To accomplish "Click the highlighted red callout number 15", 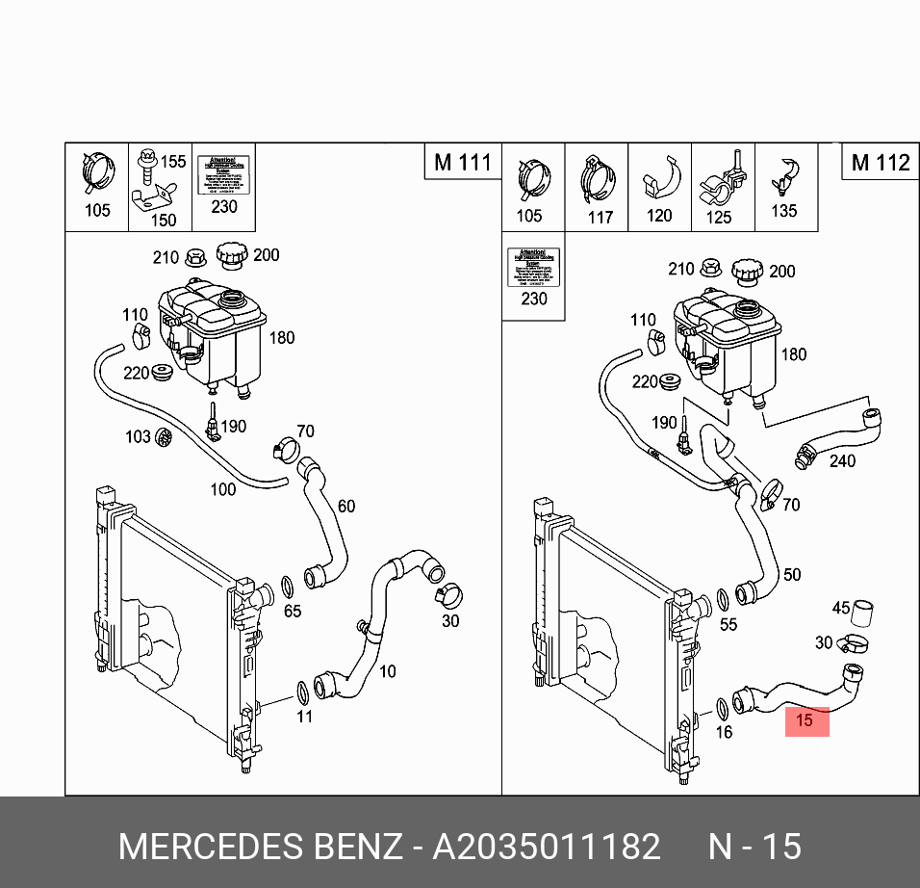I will [806, 719].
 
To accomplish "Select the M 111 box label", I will [462, 162].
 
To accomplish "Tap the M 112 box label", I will [880, 162].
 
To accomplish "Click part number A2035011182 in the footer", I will [547, 847].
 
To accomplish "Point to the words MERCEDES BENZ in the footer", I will [260, 847].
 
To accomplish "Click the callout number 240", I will [842, 461].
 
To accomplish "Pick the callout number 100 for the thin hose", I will [222, 489].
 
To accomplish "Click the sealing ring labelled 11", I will [302, 691].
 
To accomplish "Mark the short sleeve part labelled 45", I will [863, 610].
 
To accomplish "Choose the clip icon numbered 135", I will [786, 176].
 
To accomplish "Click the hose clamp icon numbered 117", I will [598, 178].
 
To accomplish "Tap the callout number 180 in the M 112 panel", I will [793, 354].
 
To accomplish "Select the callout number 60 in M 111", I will [345, 506].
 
